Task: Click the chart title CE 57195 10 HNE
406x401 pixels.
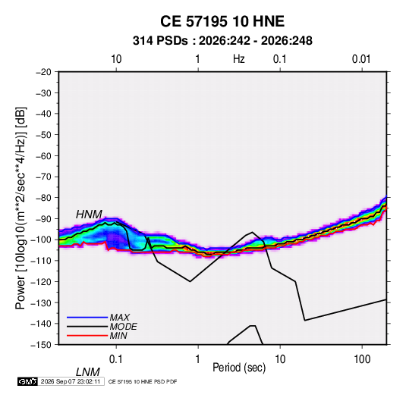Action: click(222, 21)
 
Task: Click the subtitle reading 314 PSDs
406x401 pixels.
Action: click(160, 41)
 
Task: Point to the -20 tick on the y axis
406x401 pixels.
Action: click(43, 72)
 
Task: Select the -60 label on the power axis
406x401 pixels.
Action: click(43, 156)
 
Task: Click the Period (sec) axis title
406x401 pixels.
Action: click(239, 368)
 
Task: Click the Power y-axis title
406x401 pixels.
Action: click(20, 208)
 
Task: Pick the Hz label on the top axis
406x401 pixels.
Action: click(239, 59)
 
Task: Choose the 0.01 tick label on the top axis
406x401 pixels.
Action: click(361, 59)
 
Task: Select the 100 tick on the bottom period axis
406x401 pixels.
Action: click(362, 359)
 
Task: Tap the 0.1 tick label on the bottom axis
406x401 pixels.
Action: click(116, 359)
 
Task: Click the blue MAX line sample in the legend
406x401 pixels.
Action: click(87, 317)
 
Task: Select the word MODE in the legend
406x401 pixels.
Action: click(123, 327)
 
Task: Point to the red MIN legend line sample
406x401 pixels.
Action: click(87, 336)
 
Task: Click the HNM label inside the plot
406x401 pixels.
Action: click(89, 215)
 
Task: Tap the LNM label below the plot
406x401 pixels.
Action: click(88, 372)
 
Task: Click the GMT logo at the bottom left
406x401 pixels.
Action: click(28, 381)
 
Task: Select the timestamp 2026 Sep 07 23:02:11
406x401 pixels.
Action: click(71, 381)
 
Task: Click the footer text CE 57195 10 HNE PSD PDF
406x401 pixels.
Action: click(143, 381)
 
